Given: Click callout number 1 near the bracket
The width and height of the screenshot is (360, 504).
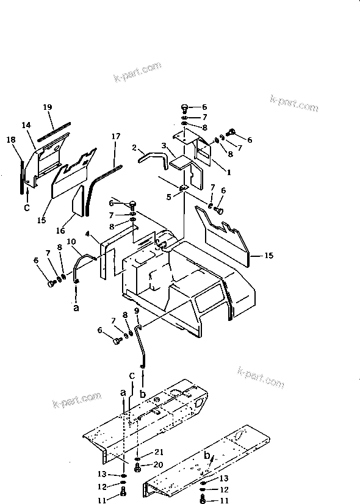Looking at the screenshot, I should tap(229, 173).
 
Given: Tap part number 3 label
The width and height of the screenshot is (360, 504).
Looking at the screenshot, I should tap(164, 146).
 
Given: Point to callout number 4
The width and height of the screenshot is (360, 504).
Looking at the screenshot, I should tap(88, 234).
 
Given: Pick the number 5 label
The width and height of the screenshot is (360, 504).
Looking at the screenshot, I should tap(169, 196).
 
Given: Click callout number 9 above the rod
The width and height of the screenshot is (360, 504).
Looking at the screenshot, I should tap(136, 311).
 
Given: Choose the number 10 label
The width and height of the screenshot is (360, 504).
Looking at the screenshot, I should tap(71, 242).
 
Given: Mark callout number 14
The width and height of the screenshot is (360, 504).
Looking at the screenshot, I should tap(26, 125).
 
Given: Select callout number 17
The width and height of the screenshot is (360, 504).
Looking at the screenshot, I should tap(115, 137).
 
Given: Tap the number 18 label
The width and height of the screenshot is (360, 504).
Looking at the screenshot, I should tap(11, 140).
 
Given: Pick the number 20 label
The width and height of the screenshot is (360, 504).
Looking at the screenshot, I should tap(159, 464).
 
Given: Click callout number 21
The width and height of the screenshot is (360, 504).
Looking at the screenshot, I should tap(159, 452).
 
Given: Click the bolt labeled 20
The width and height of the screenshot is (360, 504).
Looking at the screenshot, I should tap(139, 467).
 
